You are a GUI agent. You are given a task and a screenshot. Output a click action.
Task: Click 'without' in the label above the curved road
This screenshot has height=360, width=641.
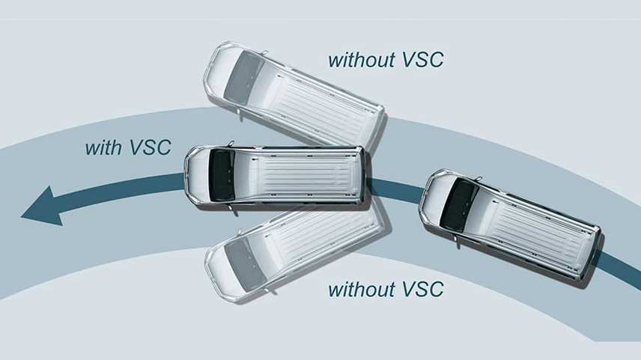pos(362,60)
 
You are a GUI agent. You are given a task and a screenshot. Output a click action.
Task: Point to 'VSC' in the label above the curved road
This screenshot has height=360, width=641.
pos(423,60)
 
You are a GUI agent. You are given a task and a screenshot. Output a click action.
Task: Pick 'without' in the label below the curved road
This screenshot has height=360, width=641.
pos(362,290)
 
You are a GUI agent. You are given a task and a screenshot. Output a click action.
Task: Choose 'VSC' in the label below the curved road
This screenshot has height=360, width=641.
pos(423,290)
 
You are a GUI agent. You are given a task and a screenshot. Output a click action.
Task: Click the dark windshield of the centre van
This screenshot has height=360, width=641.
pos(222,175)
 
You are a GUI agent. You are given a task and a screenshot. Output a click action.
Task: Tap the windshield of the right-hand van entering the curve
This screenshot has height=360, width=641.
pos(459,204)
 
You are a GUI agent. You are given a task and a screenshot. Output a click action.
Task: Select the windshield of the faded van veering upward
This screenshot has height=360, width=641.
pos(244,79)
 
